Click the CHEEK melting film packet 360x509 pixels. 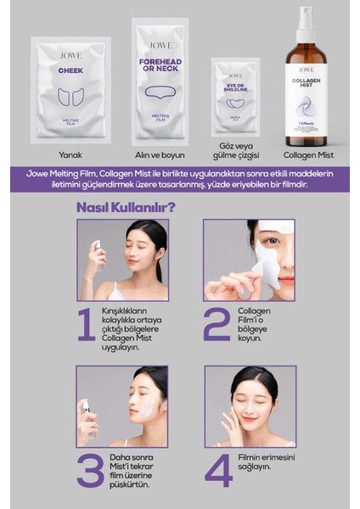click(x=70, y=88)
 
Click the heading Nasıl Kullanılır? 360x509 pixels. click(x=126, y=206)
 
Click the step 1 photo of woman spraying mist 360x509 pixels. click(x=121, y=260)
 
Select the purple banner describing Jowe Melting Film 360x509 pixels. click(x=180, y=179)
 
